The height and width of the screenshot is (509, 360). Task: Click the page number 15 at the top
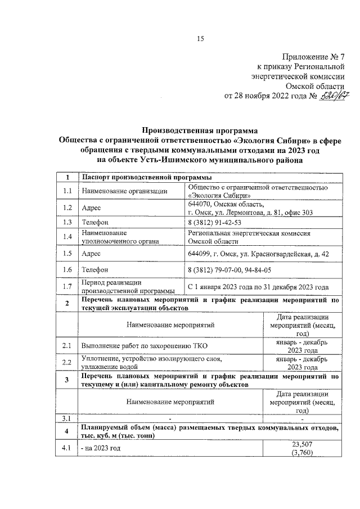pos(200,38)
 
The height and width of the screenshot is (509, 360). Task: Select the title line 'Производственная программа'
pos(198,129)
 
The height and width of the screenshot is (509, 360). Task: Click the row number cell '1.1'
pos(67,191)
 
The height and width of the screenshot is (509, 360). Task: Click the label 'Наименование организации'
pos(116,191)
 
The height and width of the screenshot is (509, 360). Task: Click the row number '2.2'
pos(67,362)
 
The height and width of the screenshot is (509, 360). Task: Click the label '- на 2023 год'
pos(101,448)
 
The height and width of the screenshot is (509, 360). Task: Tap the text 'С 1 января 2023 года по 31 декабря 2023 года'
pos(258,287)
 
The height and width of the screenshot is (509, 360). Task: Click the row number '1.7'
pos(67,287)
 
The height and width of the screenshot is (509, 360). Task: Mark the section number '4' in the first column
pos(67,431)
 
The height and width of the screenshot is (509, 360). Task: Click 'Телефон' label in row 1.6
pos(96,269)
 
